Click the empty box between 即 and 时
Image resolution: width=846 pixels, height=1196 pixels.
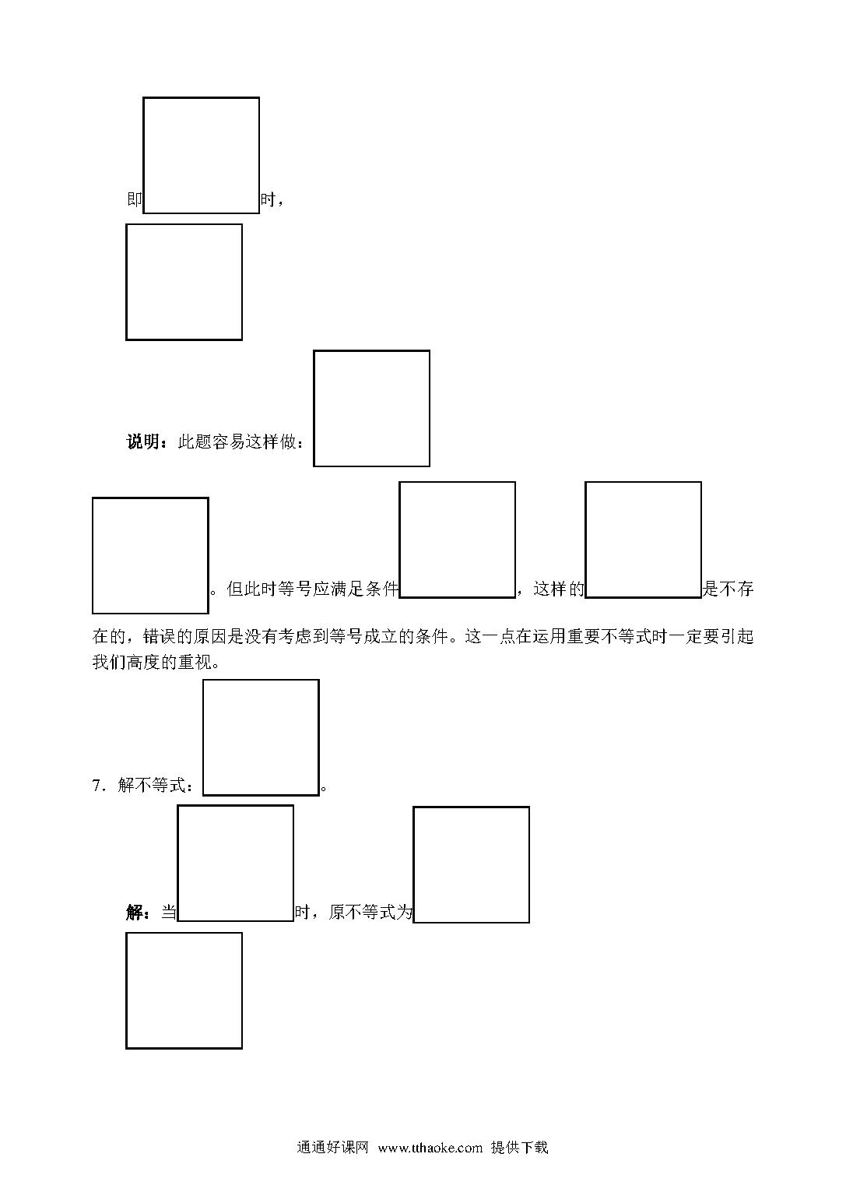(202, 97)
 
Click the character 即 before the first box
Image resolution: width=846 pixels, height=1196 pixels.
(135, 199)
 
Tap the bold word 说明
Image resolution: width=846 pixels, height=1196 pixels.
(142, 441)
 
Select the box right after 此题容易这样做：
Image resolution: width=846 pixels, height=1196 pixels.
(371, 351)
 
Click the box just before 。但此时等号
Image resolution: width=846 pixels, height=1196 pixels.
(150, 498)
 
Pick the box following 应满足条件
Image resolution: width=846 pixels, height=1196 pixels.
(458, 482)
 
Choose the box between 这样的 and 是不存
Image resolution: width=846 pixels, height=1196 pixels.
(643, 482)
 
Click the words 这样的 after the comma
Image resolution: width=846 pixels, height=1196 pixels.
(559, 589)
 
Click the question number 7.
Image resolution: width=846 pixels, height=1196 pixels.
(97, 786)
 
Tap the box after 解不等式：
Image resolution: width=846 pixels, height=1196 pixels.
(261, 681)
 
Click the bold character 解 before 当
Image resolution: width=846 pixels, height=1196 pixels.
(135, 912)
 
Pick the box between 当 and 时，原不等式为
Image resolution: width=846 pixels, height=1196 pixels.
(235, 806)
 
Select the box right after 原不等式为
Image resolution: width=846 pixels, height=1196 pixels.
(472, 807)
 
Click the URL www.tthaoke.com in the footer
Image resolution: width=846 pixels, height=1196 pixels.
(430, 1148)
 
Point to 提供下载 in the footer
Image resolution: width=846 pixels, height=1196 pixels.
(519, 1148)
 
